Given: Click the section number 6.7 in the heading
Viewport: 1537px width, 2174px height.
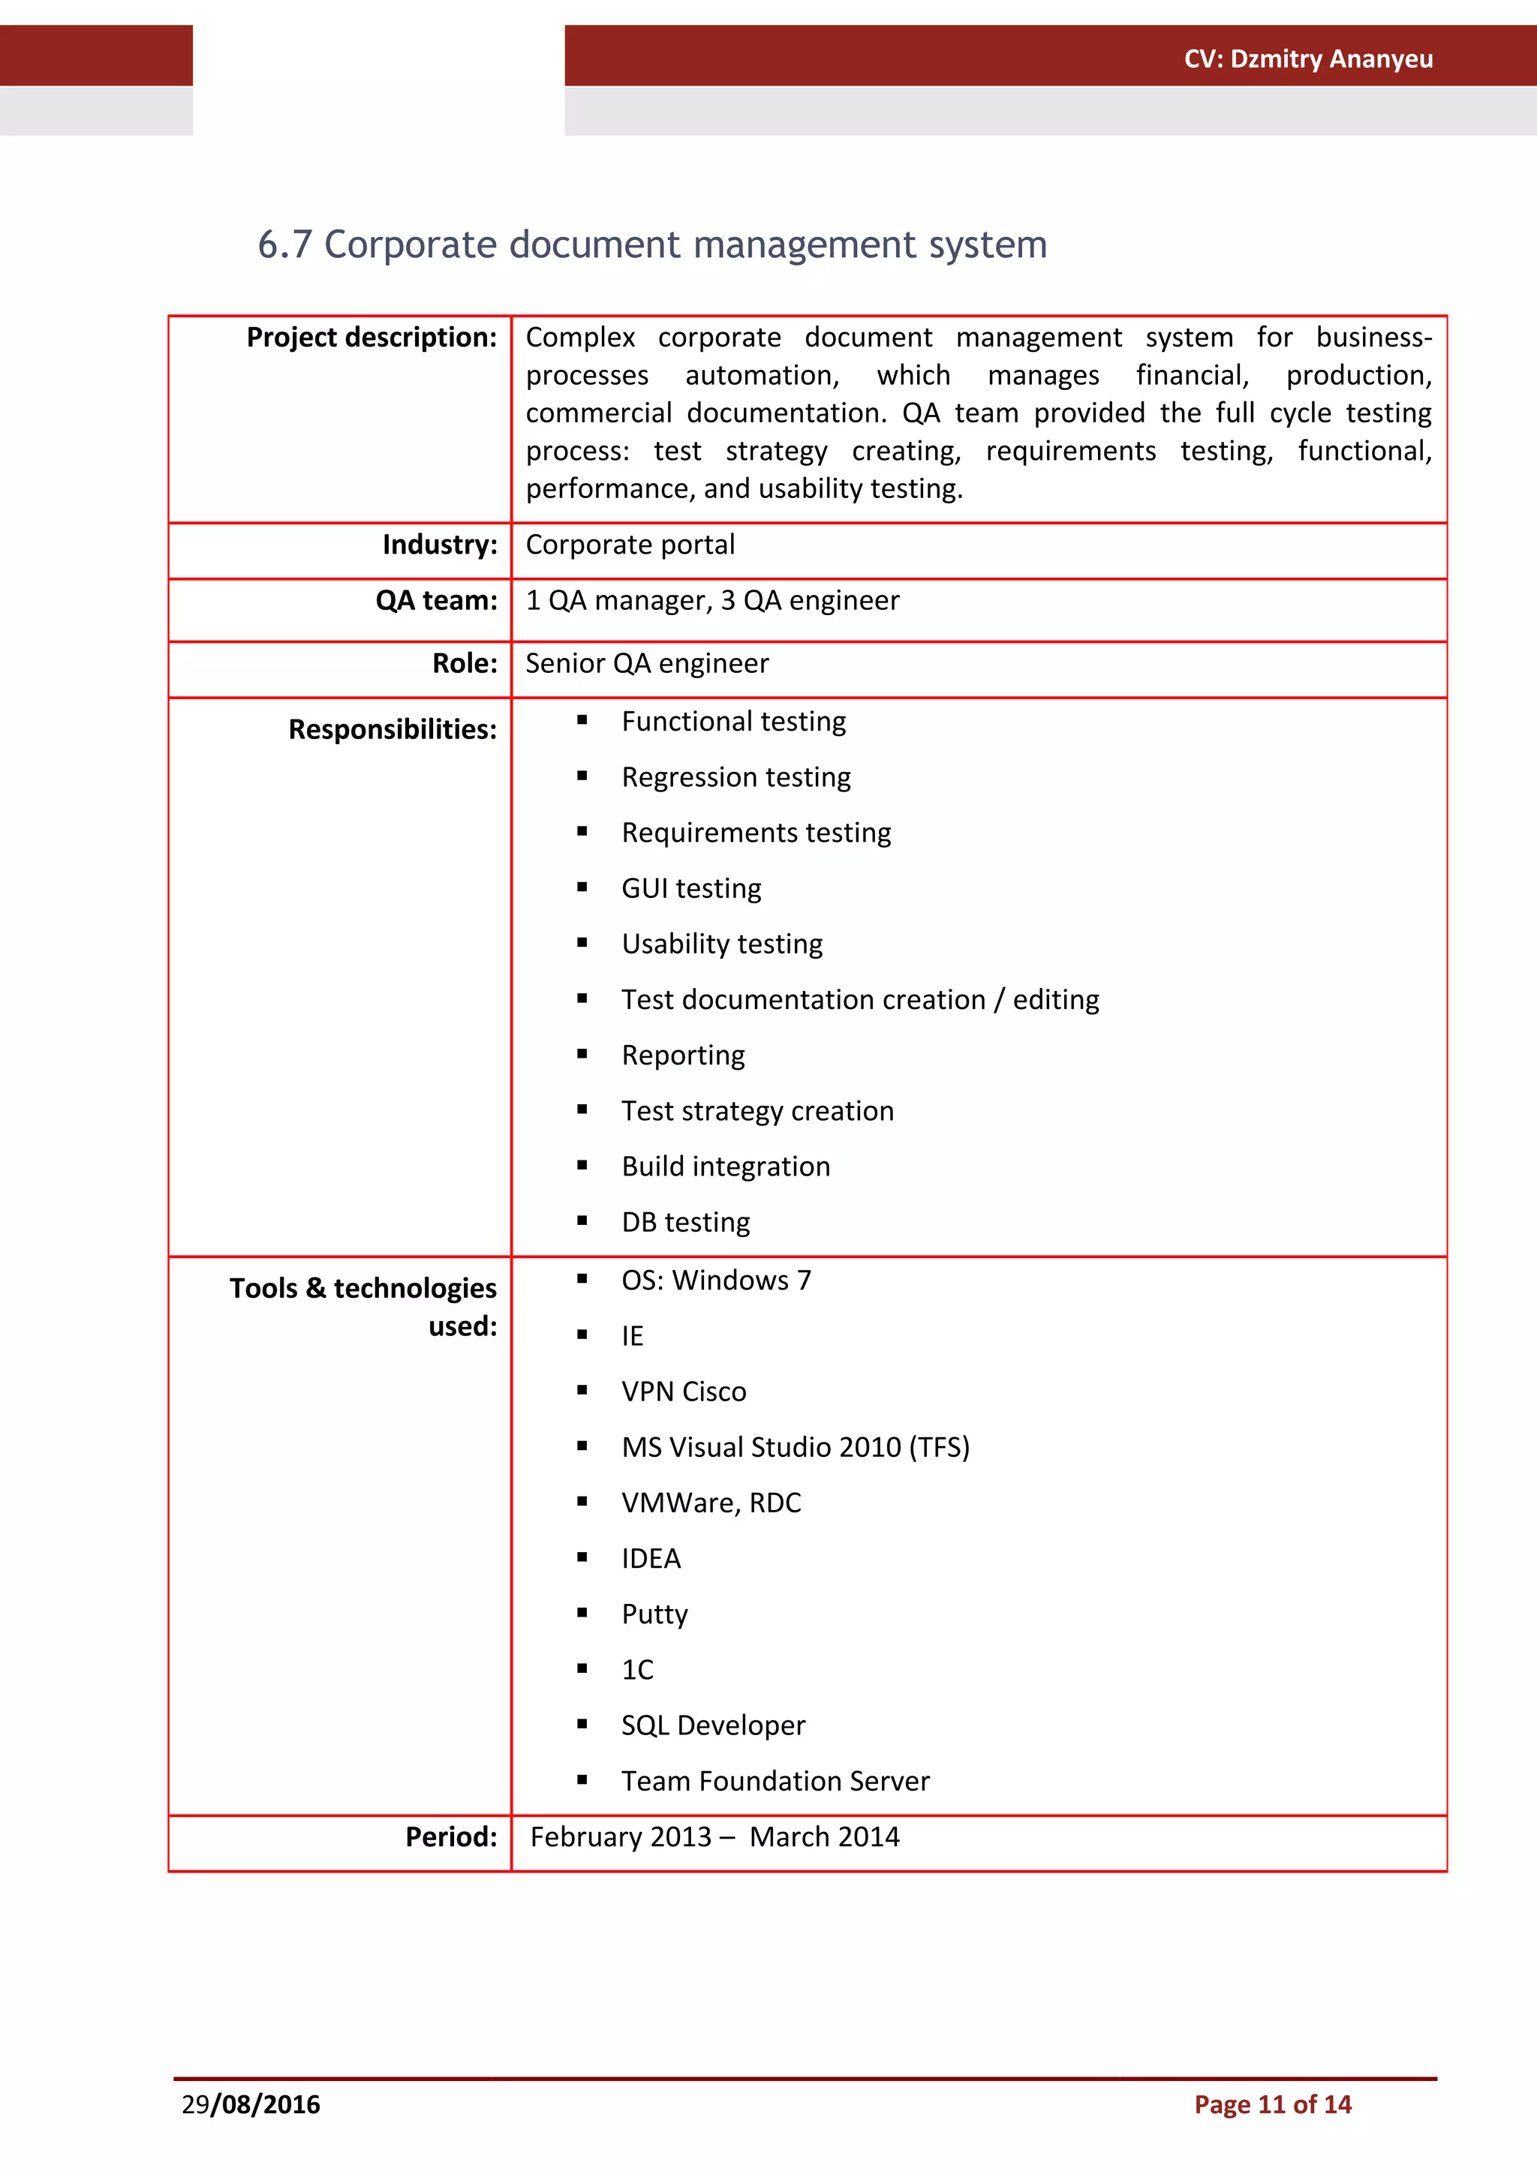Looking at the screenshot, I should pyautogui.click(x=284, y=245).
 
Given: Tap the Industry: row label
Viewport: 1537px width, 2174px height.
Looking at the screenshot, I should pyautogui.click(x=440, y=545).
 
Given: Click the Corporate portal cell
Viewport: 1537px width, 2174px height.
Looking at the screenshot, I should pyautogui.click(x=630, y=545).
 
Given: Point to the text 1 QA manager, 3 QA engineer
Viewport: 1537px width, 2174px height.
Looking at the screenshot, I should pyautogui.click(x=712, y=600).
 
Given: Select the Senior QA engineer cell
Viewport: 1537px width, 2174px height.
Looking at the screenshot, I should pyautogui.click(x=647, y=663).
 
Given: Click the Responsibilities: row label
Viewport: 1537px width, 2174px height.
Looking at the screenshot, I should pyautogui.click(x=392, y=729).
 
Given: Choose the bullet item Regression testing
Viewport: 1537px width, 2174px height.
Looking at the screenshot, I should pyautogui.click(x=735, y=776).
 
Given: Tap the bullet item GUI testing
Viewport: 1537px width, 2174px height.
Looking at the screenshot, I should pyautogui.click(x=691, y=888).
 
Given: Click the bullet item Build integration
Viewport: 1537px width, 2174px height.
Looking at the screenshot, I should pyautogui.click(x=726, y=1166).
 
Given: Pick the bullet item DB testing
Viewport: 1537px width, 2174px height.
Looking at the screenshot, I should pyautogui.click(x=686, y=1221).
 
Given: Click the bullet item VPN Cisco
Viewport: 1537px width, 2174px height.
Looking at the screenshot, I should pyautogui.click(x=684, y=1391).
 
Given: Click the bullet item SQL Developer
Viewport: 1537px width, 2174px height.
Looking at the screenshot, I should pyautogui.click(x=713, y=1725).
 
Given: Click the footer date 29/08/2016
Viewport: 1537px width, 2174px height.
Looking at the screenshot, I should pyautogui.click(x=251, y=2104).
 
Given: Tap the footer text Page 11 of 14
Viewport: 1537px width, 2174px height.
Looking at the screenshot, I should pyautogui.click(x=1272, y=2104).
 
